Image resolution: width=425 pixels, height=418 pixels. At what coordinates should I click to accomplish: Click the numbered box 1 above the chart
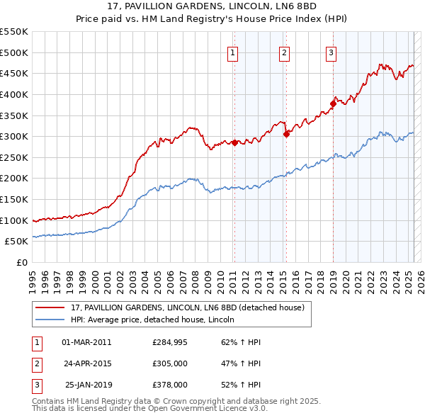click(233, 52)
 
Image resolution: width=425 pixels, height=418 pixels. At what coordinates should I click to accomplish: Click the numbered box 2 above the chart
click(284, 52)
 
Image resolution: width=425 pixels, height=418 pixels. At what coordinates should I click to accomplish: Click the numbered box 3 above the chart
click(331, 52)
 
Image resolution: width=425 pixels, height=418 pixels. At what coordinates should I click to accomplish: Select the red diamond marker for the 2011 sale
click(234, 142)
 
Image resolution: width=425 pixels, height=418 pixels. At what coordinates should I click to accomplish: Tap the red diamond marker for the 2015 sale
click(286, 134)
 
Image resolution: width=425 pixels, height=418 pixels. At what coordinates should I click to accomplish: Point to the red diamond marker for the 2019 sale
click(333, 104)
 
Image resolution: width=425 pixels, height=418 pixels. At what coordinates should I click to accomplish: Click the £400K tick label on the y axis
click(14, 94)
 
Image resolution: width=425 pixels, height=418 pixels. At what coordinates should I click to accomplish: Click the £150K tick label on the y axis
click(14, 199)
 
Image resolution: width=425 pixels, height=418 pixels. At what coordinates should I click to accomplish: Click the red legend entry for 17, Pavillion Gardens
click(187, 307)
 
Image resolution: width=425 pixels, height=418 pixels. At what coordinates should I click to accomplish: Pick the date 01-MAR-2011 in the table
click(86, 342)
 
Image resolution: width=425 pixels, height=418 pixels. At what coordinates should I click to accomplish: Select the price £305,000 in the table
click(170, 363)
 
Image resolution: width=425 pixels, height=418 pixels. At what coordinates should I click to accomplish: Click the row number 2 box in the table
click(35, 363)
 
